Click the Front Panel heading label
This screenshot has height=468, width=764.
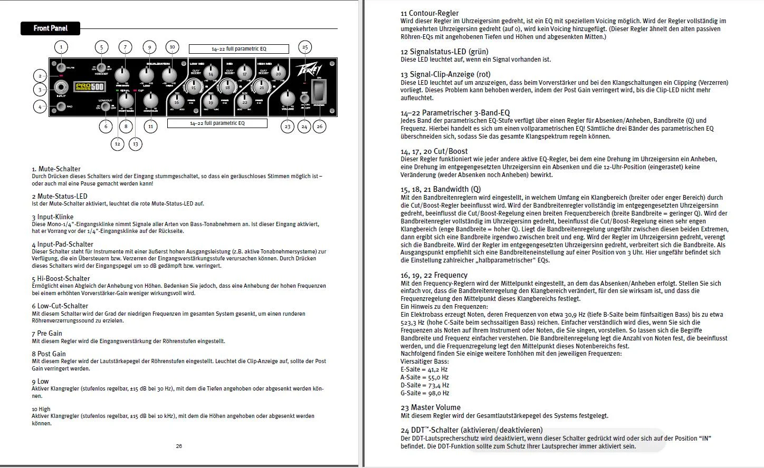tap(51, 28)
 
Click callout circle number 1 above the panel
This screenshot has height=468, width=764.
tap(61, 47)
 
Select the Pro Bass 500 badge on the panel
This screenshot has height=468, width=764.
tap(89, 87)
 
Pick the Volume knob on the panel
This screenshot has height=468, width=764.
tap(288, 98)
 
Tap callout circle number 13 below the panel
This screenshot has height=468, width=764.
tap(136, 143)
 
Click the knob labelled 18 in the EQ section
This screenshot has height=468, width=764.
tap(227, 87)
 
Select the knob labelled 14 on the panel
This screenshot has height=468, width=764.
tap(211, 74)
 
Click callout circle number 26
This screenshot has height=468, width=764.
tap(319, 126)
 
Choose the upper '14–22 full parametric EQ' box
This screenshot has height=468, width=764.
tap(238, 49)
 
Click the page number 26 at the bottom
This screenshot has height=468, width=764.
tap(179, 446)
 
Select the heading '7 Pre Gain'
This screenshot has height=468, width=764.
tap(47, 333)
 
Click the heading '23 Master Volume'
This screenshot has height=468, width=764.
tap(430, 407)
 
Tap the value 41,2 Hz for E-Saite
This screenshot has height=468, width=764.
tap(437, 369)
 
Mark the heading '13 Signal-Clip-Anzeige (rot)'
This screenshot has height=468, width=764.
tap(445, 75)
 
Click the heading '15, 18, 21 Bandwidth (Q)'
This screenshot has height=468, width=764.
tap(441, 189)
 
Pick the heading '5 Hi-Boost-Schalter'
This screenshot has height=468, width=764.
tap(61, 278)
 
